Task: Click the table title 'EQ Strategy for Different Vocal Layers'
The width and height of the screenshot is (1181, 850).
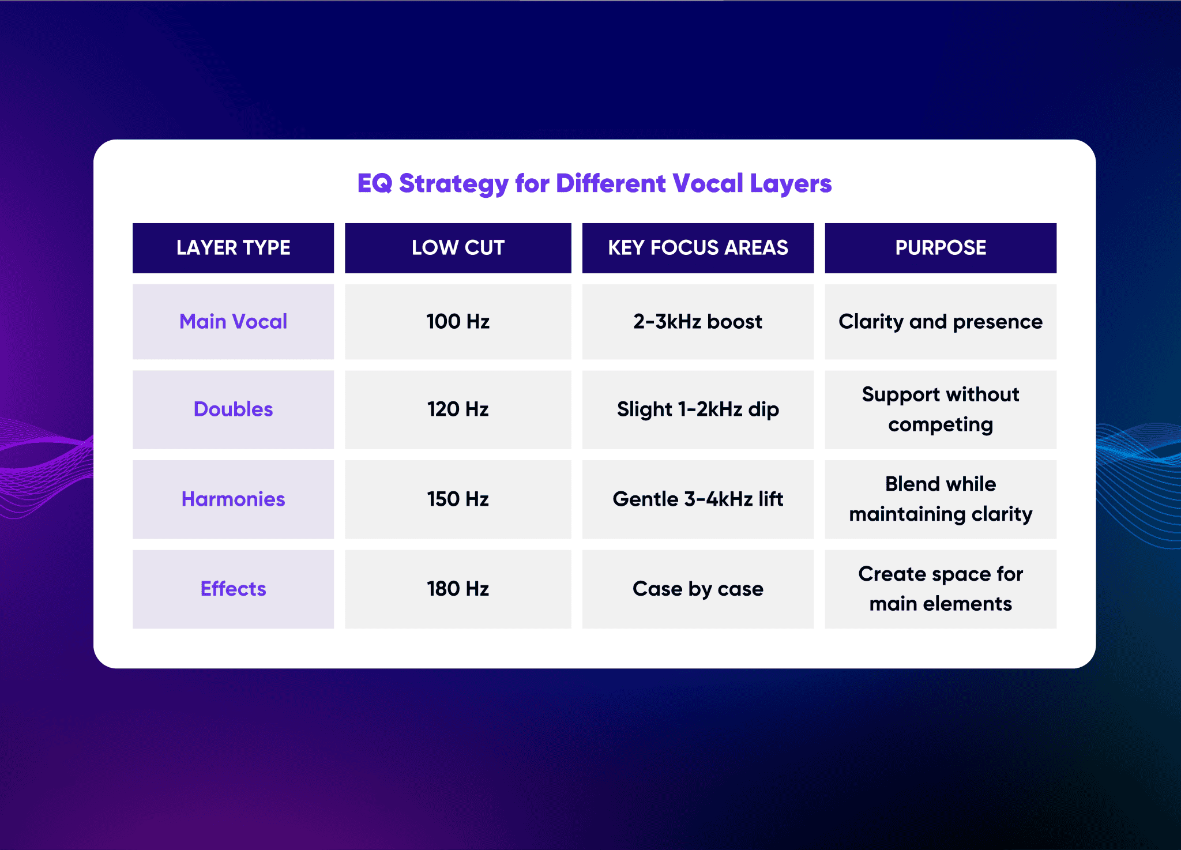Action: tap(594, 183)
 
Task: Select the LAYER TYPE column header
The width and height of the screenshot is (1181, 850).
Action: tap(233, 248)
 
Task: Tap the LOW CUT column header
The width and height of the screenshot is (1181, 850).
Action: tap(458, 248)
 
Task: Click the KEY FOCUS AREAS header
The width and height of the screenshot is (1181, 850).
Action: tap(698, 248)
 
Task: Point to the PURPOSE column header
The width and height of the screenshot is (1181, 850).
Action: tap(941, 248)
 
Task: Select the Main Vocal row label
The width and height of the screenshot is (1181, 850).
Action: tap(233, 321)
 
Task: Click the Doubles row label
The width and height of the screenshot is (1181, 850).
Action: tap(233, 409)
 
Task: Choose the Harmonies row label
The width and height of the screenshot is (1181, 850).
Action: tap(233, 499)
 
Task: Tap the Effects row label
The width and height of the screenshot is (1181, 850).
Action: tap(233, 589)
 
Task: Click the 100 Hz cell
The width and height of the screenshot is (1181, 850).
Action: tap(458, 321)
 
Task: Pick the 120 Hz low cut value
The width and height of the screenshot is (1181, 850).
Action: tap(458, 409)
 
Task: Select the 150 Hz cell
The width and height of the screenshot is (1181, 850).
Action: tap(458, 499)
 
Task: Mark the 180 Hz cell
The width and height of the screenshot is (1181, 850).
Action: tap(458, 589)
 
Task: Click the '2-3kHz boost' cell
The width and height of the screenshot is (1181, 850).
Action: tap(698, 321)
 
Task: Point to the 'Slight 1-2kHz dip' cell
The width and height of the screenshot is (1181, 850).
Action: tap(698, 409)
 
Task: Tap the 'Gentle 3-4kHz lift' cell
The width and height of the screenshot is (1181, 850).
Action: tap(698, 499)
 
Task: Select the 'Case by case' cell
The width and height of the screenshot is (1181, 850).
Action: tap(698, 589)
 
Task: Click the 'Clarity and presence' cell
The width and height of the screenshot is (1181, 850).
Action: tap(941, 321)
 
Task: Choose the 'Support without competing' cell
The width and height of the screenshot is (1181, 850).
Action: tap(941, 409)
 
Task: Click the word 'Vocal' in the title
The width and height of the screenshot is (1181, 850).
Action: tap(708, 183)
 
